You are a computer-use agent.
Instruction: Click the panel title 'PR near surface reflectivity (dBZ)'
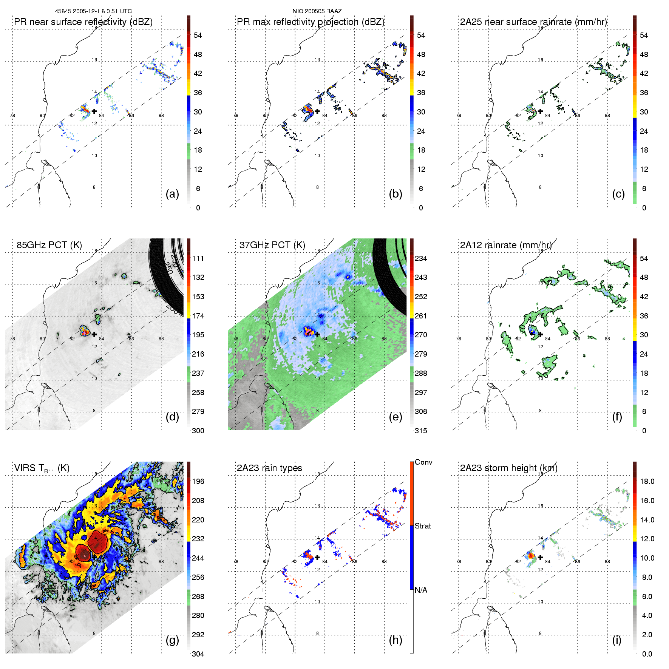point(83,22)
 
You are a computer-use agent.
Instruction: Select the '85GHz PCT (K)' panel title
point(49,245)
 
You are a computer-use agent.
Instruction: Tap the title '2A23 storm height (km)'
point(508,468)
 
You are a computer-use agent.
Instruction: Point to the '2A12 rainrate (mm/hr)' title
point(505,245)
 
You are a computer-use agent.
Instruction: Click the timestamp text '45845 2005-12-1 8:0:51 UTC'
point(93,11)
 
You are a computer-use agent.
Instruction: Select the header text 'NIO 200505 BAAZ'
point(317,11)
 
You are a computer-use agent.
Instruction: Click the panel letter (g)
point(172,640)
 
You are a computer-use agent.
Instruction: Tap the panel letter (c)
point(618,194)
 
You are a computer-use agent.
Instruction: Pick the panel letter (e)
point(395,417)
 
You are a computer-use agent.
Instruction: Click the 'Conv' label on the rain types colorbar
point(423,462)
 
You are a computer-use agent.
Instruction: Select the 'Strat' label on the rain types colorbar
point(423,526)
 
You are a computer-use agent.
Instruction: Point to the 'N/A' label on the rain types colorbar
point(421,590)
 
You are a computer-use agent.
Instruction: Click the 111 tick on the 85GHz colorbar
point(198,258)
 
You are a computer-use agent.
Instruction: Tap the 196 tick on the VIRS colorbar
point(198,481)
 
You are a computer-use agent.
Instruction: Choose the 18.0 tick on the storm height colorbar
point(647,481)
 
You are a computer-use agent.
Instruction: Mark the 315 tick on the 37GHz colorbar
point(421,431)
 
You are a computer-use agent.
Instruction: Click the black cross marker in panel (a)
point(94,111)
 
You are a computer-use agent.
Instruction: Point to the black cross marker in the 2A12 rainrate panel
point(540,334)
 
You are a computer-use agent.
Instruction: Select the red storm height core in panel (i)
point(531,556)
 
